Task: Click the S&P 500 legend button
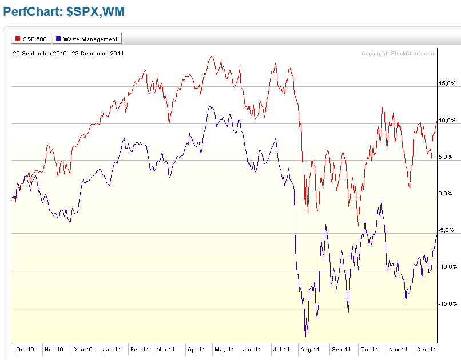click(x=31, y=39)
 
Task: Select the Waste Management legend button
click(x=86, y=39)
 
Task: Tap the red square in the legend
click(x=17, y=39)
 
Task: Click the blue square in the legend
click(x=58, y=39)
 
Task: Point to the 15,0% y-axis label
click(x=447, y=83)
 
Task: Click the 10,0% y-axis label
click(x=447, y=120)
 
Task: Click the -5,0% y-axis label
click(x=447, y=230)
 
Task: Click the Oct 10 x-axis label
click(x=25, y=349)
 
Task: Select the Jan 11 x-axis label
click(x=111, y=349)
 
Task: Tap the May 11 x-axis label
click(x=224, y=349)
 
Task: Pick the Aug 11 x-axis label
click(x=309, y=349)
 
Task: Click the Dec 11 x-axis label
click(x=425, y=349)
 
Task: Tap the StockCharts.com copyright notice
click(x=398, y=54)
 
